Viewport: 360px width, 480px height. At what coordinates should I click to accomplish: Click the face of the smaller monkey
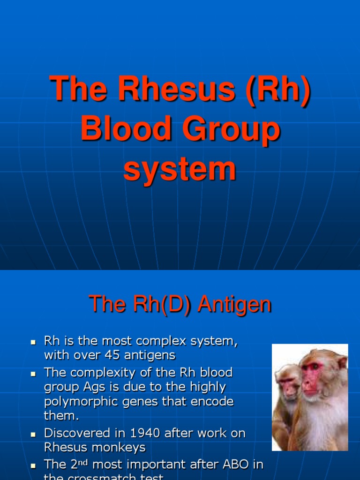(x=287, y=386)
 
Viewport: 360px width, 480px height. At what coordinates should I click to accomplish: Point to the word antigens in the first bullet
(x=151, y=355)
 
